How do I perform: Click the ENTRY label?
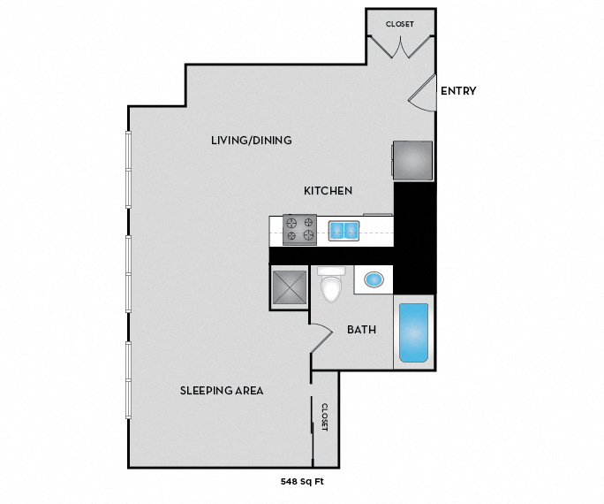click(458, 91)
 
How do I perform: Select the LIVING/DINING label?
click(251, 141)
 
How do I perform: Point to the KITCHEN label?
click(328, 191)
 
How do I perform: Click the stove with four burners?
click(299, 230)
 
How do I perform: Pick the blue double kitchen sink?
click(344, 231)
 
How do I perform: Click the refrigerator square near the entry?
click(412, 160)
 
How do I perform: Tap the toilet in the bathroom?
click(331, 284)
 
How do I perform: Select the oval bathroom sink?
click(374, 279)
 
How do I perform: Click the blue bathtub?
click(414, 333)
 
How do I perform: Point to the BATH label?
click(361, 330)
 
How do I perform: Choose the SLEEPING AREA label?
click(222, 391)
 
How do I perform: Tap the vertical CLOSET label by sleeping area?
click(325, 416)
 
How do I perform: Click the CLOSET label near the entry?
click(400, 24)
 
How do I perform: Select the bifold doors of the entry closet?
click(401, 47)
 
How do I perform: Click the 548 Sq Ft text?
click(302, 482)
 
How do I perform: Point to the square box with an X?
click(290, 287)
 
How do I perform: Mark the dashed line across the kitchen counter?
click(331, 233)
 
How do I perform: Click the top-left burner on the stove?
click(292, 222)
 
